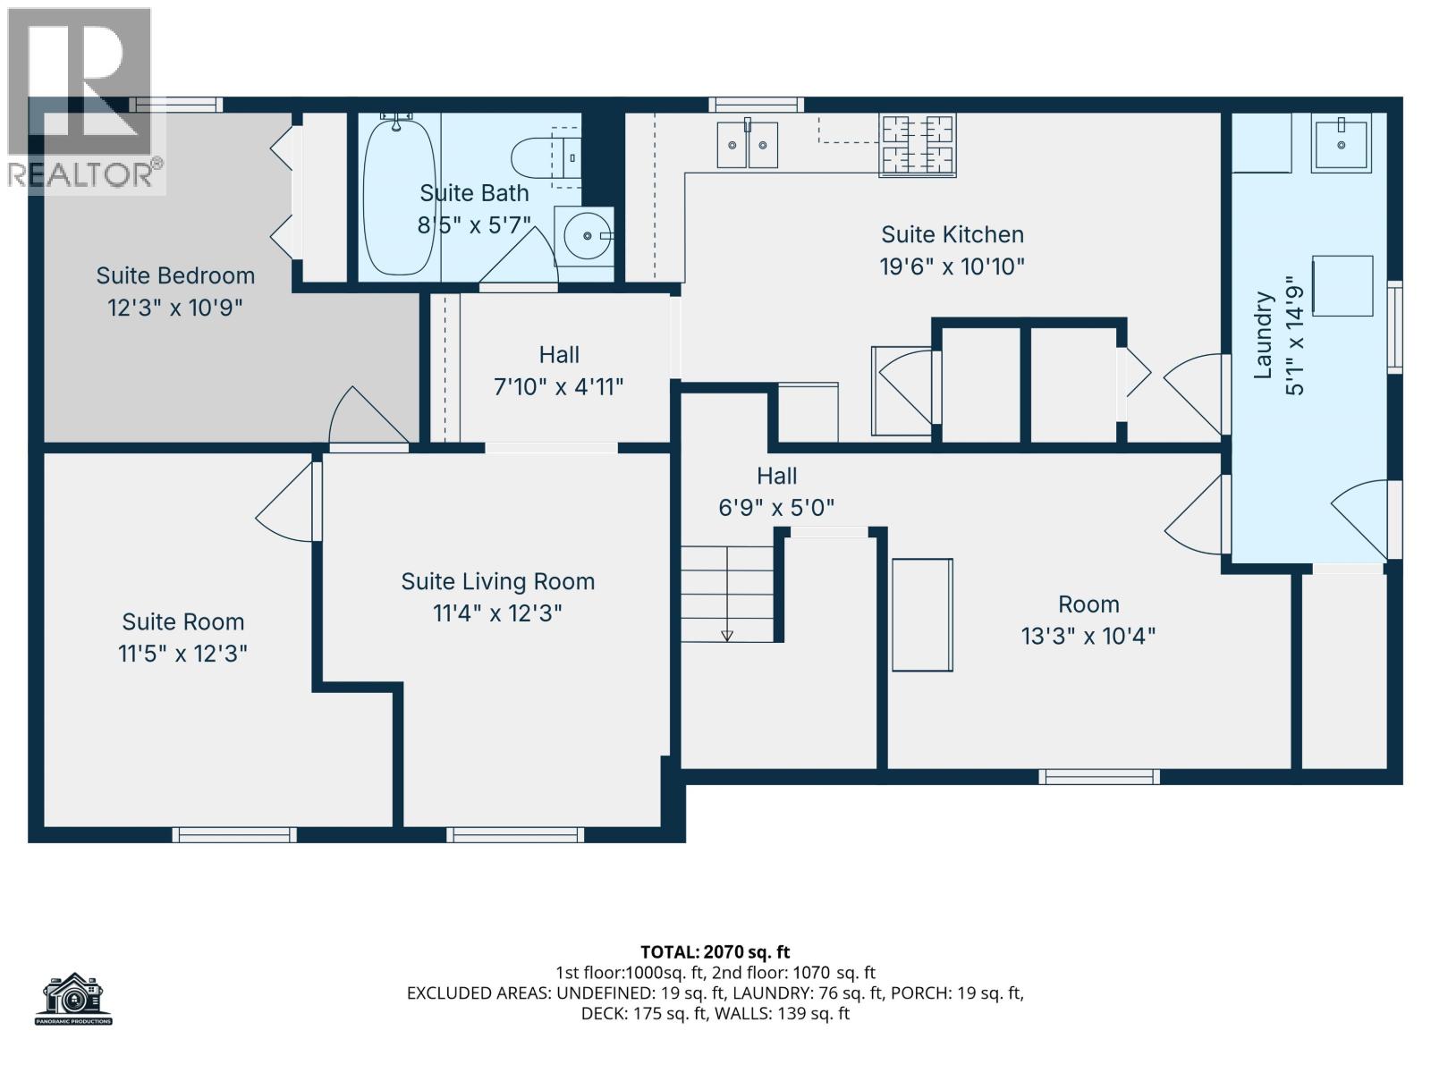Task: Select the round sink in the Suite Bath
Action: click(585, 235)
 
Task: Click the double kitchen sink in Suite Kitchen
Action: click(747, 145)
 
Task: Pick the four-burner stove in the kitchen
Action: click(918, 145)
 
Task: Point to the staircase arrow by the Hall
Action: click(726, 635)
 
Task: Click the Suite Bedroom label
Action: click(175, 275)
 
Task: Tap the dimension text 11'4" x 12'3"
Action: click(497, 613)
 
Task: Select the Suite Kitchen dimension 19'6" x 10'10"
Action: click(953, 266)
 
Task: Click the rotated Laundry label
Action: click(1263, 334)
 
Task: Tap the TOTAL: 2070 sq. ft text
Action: click(715, 952)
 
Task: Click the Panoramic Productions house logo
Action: click(74, 998)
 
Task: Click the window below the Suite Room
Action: click(234, 834)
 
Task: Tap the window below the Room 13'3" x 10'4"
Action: click(1099, 776)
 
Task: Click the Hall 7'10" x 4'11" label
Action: click(559, 355)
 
